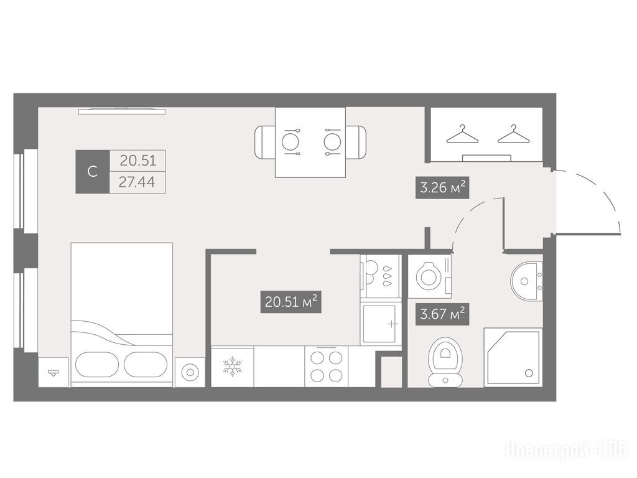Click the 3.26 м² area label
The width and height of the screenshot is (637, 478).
coord(442,187)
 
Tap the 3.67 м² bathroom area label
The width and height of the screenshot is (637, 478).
coord(442,314)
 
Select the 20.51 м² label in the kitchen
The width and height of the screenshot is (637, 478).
coord(291,302)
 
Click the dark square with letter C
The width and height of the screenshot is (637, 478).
coord(93,172)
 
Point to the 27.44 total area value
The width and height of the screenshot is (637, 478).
coord(137,182)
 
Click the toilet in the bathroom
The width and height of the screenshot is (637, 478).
coord(445,361)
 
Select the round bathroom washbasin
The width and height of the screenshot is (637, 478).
coord(527,281)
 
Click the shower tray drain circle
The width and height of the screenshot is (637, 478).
coord(529,373)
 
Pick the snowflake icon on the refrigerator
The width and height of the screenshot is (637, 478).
coord(233,366)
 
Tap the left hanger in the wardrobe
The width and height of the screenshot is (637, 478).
coord(462,134)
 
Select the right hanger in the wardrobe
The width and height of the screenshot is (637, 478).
coord(514,134)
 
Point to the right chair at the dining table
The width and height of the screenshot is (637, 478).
coord(356,143)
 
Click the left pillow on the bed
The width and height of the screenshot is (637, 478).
coord(97,364)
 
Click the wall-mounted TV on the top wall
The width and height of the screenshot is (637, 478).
coord(122,110)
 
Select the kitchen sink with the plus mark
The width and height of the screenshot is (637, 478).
coord(380,324)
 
